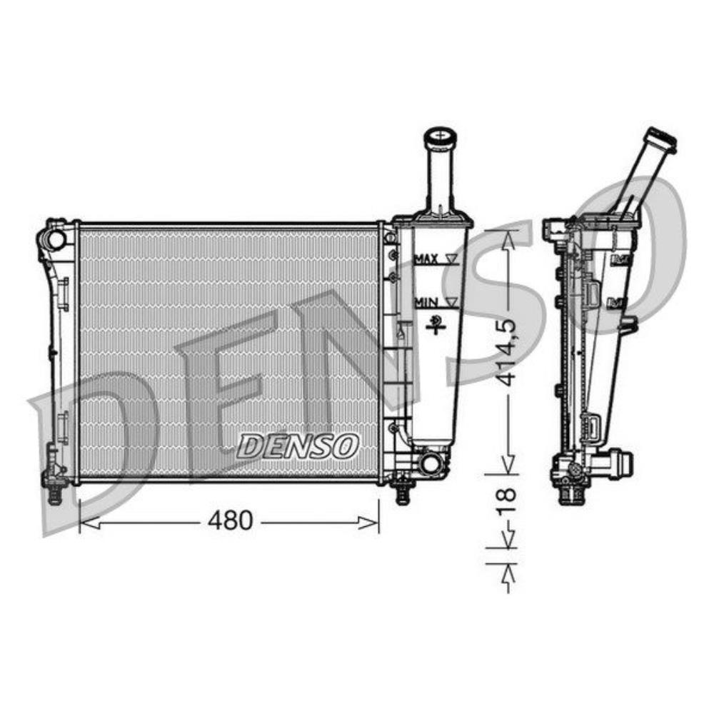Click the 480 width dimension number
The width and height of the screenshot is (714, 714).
(x=230, y=521)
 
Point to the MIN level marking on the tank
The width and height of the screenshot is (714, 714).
(x=426, y=303)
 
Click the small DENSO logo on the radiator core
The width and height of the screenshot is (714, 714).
(x=297, y=446)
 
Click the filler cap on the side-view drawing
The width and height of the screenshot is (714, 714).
(x=660, y=140)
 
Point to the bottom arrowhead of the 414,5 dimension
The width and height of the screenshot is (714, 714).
(x=508, y=466)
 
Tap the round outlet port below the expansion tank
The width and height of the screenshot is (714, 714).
(x=431, y=464)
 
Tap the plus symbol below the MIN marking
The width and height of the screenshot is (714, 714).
(x=433, y=328)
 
